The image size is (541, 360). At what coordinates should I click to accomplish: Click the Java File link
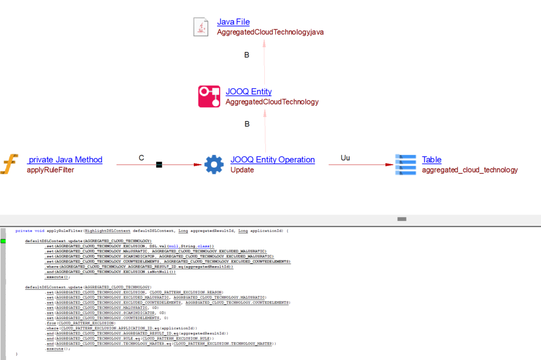(x=234, y=22)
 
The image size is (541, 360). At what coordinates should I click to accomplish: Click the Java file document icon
(x=201, y=27)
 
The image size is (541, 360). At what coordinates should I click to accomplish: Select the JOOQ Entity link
(x=248, y=92)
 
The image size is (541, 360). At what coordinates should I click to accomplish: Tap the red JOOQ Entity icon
(x=209, y=96)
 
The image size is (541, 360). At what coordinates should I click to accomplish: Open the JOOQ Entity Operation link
(x=273, y=159)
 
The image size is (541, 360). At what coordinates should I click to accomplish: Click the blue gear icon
(x=214, y=165)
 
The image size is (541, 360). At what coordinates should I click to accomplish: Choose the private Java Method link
(x=65, y=159)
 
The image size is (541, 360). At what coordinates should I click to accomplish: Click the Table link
(x=432, y=159)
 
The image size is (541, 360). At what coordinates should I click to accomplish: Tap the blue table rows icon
(x=405, y=165)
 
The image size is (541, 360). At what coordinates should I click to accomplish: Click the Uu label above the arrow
(x=345, y=157)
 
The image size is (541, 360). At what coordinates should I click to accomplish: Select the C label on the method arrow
(x=142, y=158)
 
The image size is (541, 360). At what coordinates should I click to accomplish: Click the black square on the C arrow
(x=159, y=165)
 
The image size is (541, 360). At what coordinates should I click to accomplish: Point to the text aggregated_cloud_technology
(x=470, y=170)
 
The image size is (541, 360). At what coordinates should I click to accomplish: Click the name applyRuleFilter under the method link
(x=50, y=170)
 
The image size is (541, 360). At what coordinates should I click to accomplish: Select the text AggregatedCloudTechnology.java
(x=270, y=32)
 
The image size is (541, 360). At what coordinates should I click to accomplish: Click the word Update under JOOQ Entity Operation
(x=242, y=170)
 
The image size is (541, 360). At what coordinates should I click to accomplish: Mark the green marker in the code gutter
(x=3, y=241)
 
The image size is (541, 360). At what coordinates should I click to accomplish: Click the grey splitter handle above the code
(x=402, y=219)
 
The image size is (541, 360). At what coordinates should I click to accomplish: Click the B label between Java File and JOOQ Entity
(x=247, y=55)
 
